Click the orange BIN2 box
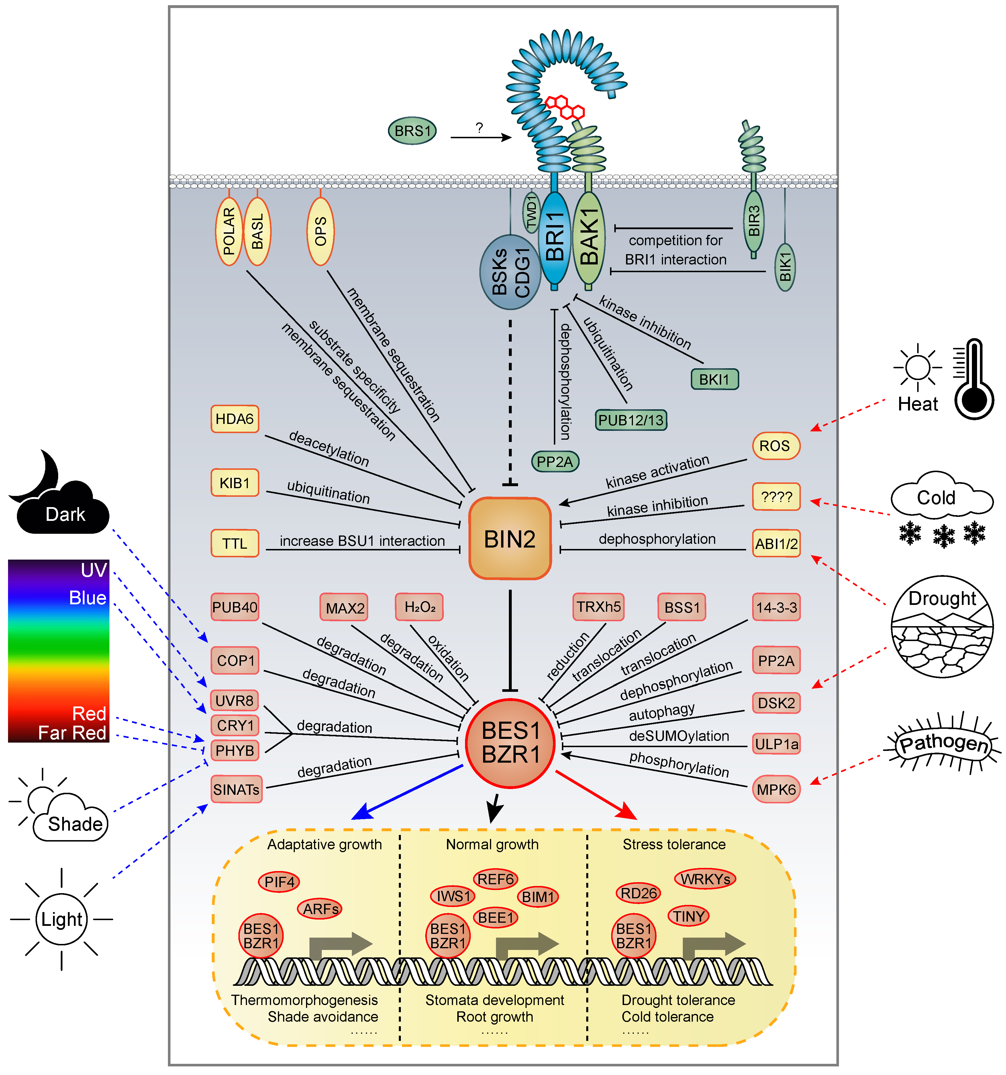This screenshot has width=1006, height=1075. pyautogui.click(x=509, y=539)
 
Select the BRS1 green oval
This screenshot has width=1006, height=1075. pyautogui.click(x=412, y=131)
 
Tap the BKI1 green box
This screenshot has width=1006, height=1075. pyautogui.click(x=714, y=379)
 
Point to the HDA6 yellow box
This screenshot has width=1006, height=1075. pyautogui.click(x=234, y=419)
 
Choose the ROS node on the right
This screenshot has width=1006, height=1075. pyautogui.click(x=775, y=446)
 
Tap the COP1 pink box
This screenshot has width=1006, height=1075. pyautogui.click(x=235, y=660)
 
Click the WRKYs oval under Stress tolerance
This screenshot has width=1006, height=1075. pyautogui.click(x=705, y=879)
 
